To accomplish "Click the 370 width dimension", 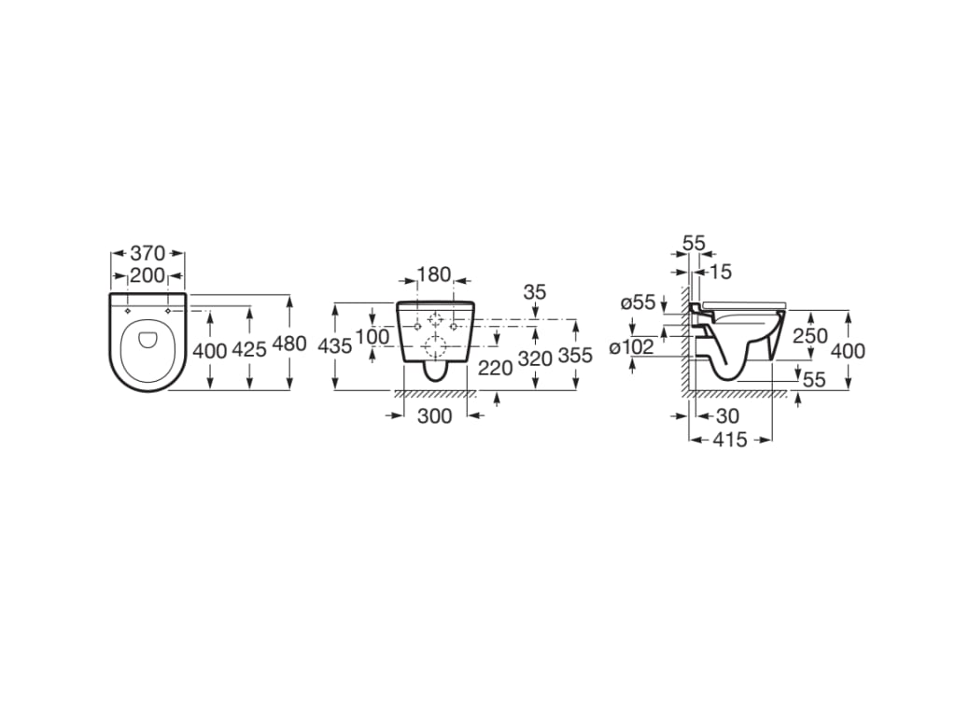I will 148,253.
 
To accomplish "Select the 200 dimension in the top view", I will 148,274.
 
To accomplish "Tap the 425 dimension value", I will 249,349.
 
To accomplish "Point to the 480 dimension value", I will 289,344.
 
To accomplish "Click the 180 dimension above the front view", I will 434,274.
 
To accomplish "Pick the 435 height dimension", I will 335,345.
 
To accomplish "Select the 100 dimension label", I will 372,336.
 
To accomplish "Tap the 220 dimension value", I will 495,368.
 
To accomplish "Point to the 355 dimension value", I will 575,357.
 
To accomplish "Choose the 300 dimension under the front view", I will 434,415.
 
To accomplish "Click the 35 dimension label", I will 534,292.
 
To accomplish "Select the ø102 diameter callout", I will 632,348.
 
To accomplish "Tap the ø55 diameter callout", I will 639,302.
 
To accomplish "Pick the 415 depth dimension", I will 730,440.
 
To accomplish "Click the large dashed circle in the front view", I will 434,347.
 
